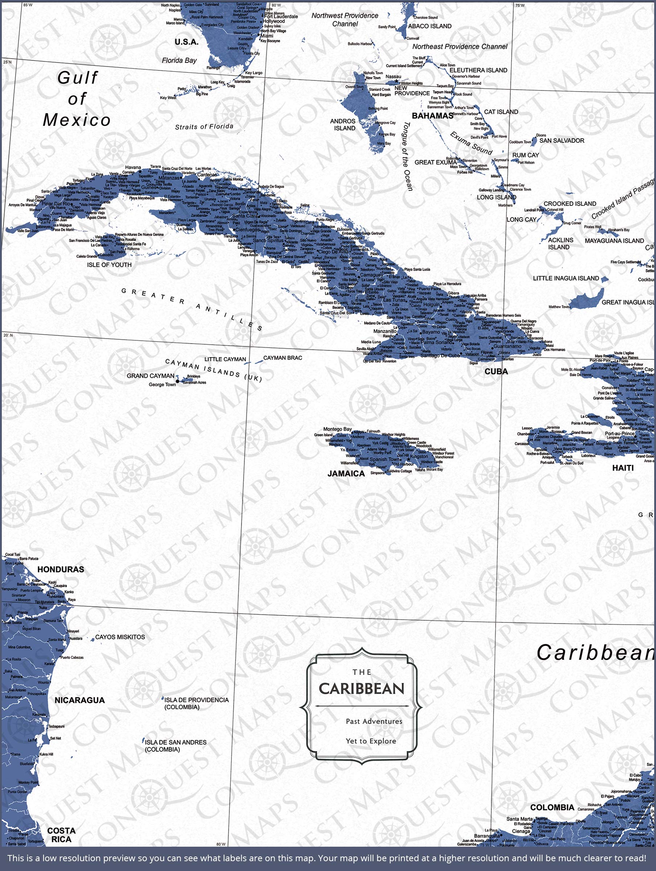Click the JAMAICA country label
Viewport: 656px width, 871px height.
click(x=346, y=474)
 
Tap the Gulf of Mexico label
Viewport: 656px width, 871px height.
click(x=77, y=99)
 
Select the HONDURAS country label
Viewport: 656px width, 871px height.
click(x=61, y=569)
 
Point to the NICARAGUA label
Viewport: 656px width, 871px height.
click(x=79, y=700)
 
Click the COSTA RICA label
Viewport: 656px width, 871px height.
click(x=61, y=835)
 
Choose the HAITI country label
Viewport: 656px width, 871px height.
click(x=623, y=468)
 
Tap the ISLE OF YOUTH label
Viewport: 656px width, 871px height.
click(x=109, y=265)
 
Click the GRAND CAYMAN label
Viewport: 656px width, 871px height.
click(x=150, y=376)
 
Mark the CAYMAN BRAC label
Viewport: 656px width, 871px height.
click(x=282, y=358)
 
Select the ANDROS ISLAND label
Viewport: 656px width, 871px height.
click(x=343, y=124)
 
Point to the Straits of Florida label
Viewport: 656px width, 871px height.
click(x=204, y=127)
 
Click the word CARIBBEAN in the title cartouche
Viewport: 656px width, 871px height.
click(x=361, y=689)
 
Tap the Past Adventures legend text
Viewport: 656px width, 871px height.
click(x=374, y=721)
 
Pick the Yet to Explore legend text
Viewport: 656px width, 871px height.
click(x=370, y=741)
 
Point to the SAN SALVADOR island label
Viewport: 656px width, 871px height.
click(x=562, y=140)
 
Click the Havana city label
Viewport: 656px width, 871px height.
click(x=133, y=167)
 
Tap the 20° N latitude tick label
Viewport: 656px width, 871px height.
click(x=8, y=335)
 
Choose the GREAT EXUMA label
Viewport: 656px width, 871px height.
click(x=435, y=162)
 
